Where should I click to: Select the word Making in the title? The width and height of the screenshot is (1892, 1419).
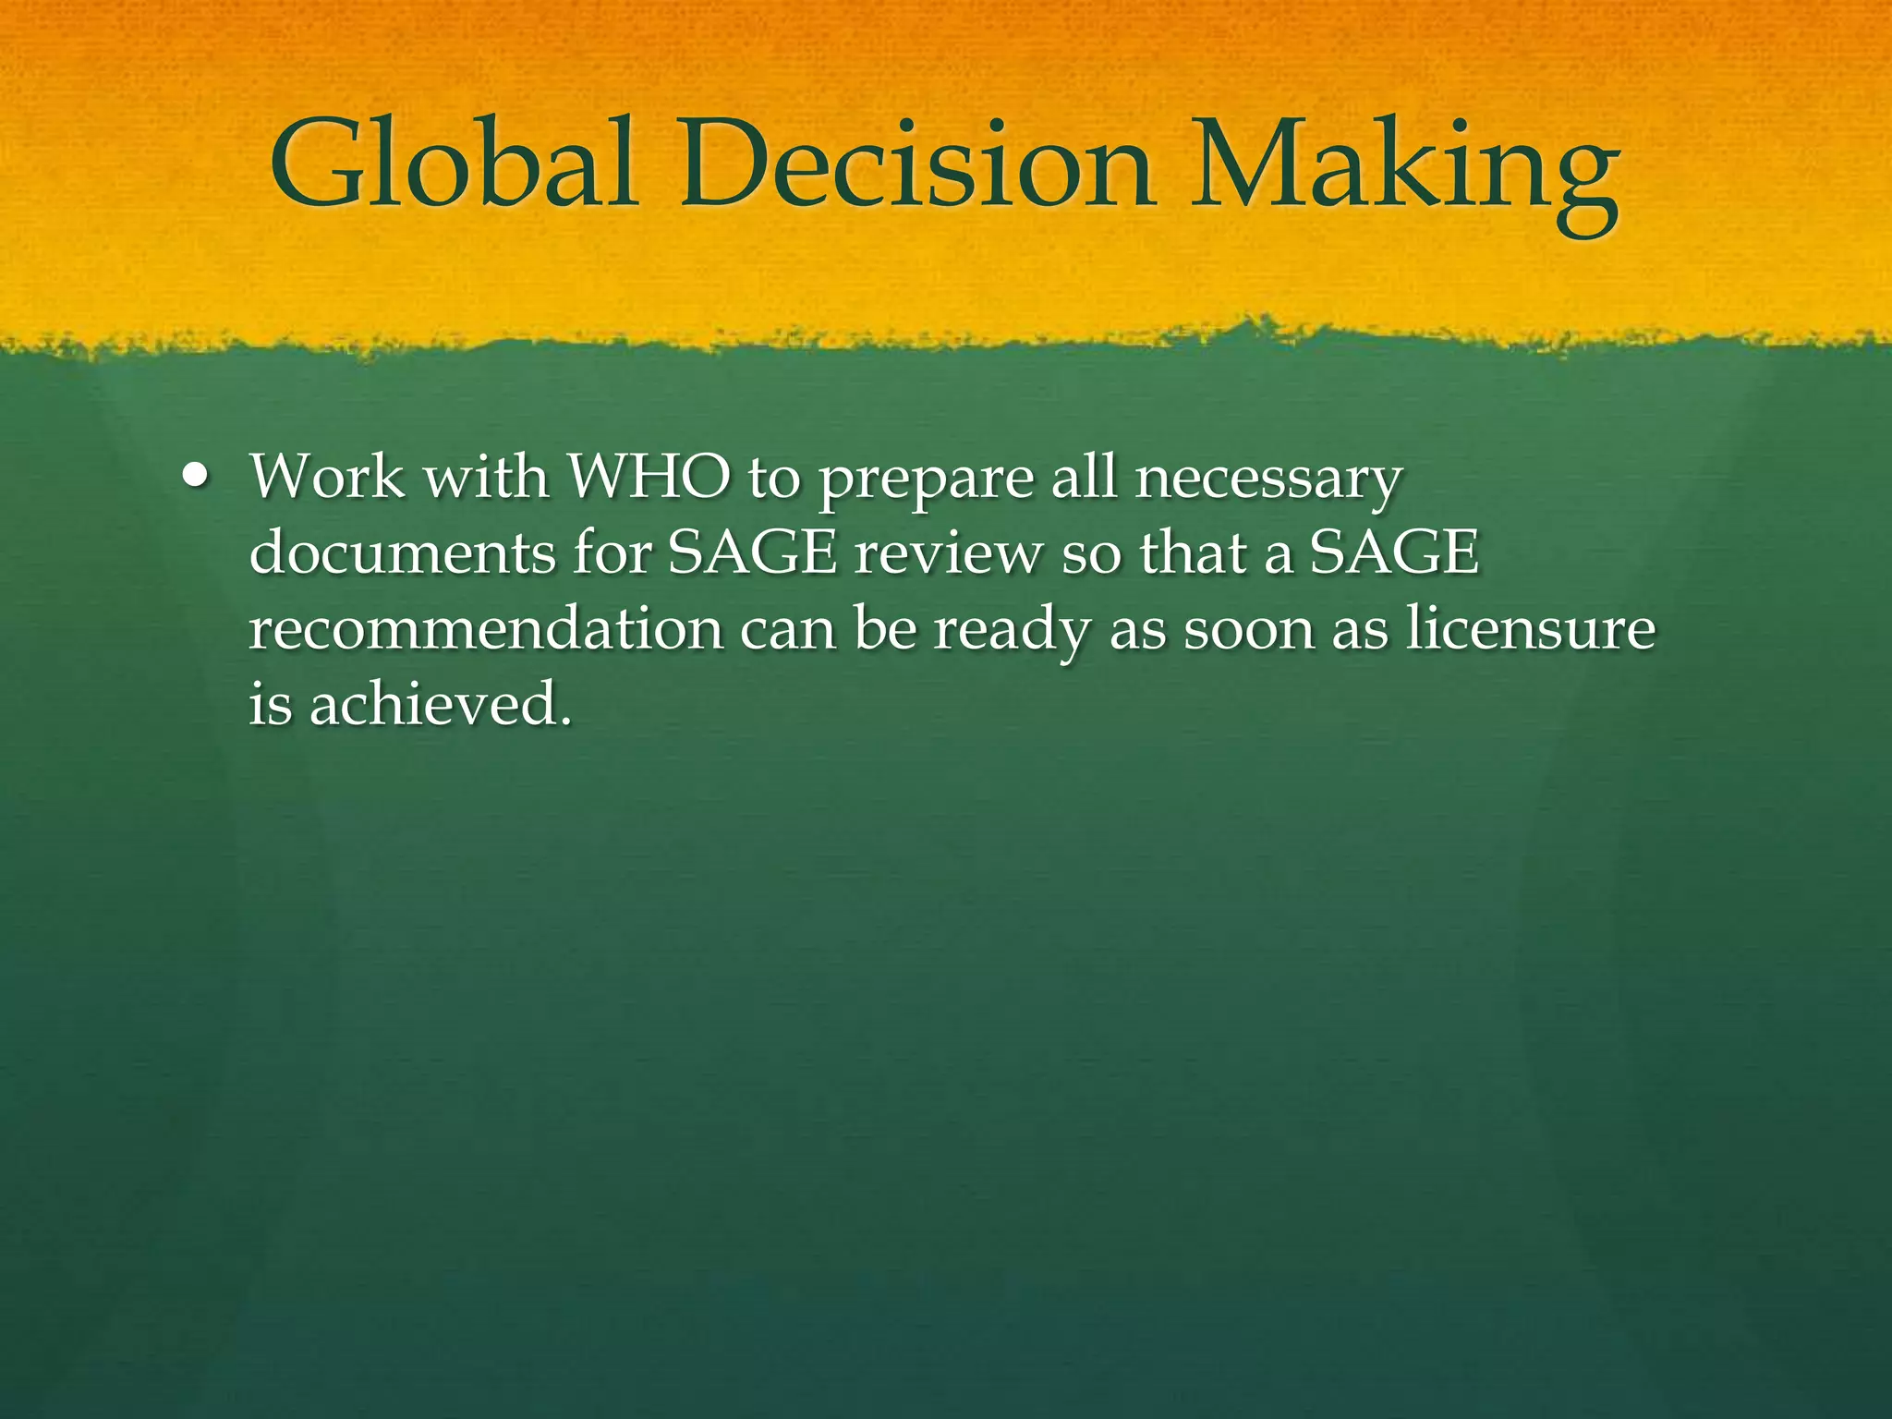1404,166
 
